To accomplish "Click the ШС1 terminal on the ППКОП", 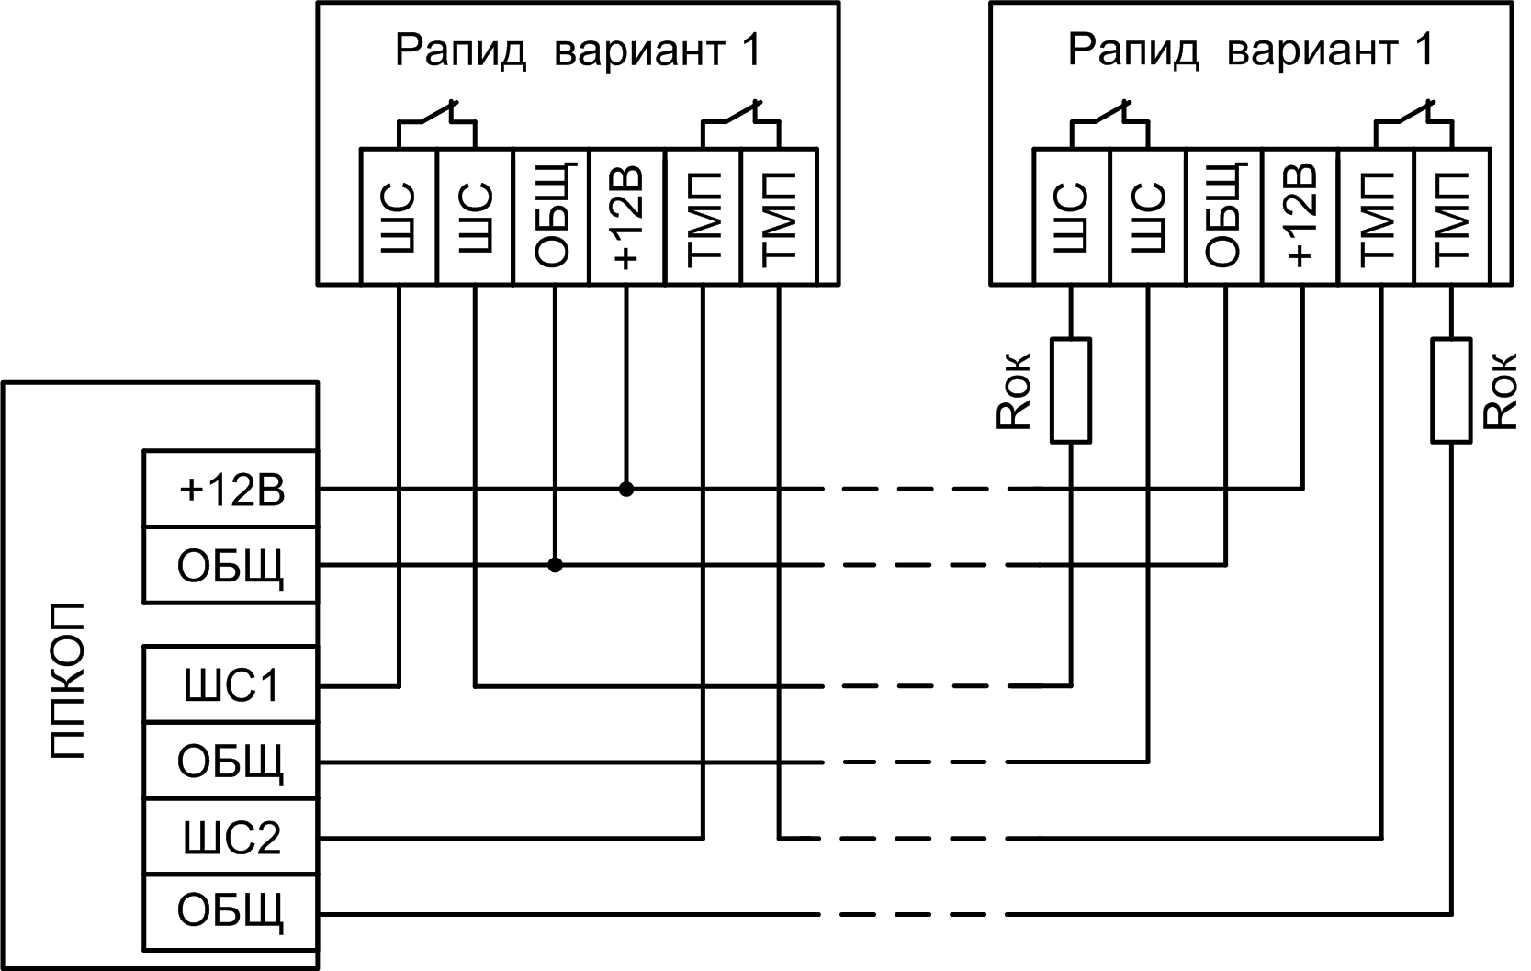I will click(x=231, y=685).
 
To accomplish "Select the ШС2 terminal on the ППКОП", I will click(x=231, y=838).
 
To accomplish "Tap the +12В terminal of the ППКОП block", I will click(x=231, y=490).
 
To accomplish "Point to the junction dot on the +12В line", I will click(x=626, y=490).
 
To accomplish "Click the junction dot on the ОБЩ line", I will click(x=555, y=565).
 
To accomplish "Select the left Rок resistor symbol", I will click(x=1071, y=390).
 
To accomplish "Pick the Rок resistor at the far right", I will click(x=1452, y=390).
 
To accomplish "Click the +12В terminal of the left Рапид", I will click(x=625, y=217).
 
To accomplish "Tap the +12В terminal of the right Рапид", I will click(x=1300, y=217).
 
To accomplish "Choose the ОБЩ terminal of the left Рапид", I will click(x=551, y=217).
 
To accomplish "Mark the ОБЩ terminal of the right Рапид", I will click(x=1224, y=217).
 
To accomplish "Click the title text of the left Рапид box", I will click(x=578, y=51).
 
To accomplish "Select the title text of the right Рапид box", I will click(x=1250, y=51).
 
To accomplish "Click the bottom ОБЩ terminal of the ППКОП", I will click(x=231, y=913).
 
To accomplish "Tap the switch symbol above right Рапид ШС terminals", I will click(x=1109, y=123).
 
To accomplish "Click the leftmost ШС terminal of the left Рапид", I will click(x=399, y=217).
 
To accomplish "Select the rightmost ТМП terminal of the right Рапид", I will click(x=1452, y=217).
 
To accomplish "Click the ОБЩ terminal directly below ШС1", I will click(x=231, y=762).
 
